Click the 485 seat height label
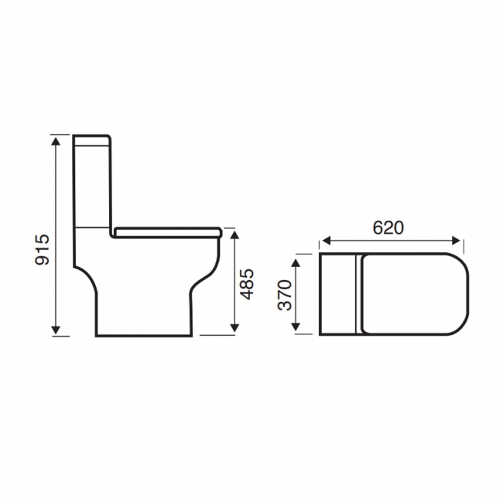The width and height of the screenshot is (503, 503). coord(248,284)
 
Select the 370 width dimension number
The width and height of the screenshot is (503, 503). coord(286,295)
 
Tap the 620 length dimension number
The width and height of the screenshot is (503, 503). coord(388,228)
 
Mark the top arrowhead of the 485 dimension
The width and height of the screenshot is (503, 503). coord(234,233)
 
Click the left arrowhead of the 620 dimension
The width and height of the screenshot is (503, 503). coord(324,240)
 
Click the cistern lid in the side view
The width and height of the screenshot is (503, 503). coord(94,141)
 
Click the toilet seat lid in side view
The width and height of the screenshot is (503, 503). coord(167,231)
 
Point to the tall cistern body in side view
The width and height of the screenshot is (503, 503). coord(94,186)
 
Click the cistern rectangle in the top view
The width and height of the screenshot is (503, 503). coord(337,294)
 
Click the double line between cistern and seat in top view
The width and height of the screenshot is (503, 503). coord(356,294)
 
